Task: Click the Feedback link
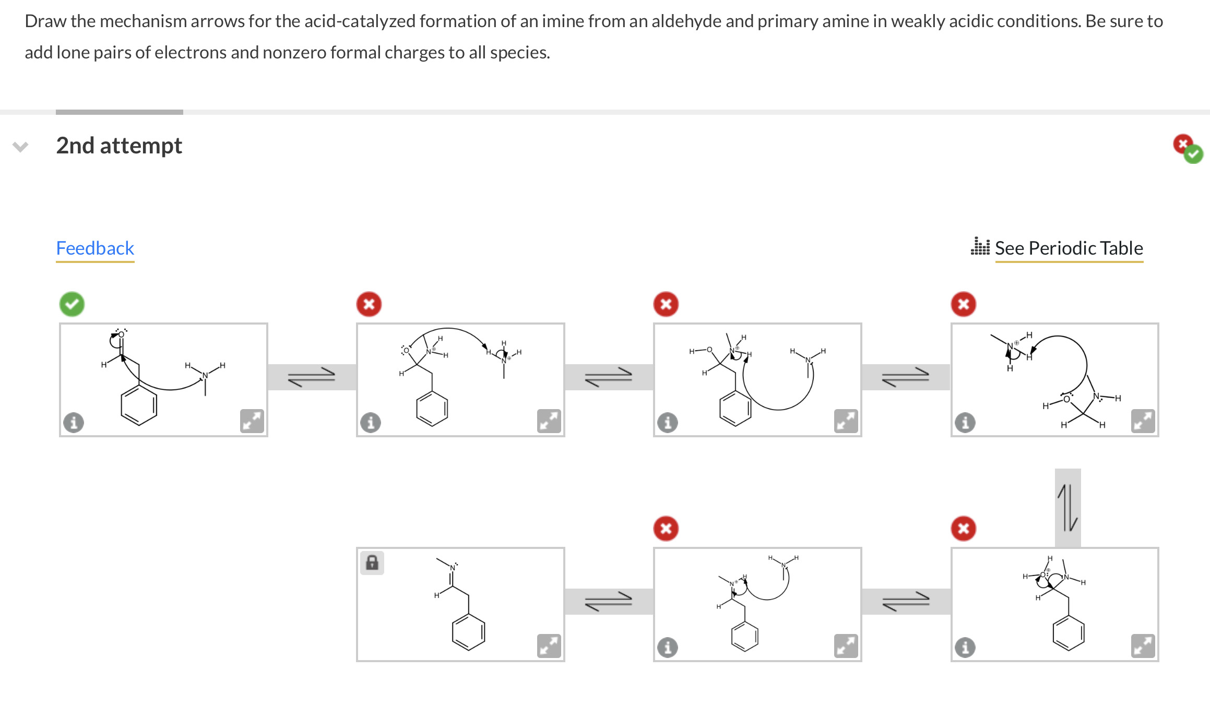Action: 95,248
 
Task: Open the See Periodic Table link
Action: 1068,248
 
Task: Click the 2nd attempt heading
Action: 119,146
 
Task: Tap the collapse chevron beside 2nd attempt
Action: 20,147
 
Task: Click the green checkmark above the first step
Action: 72,304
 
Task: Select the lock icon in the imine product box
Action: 372,563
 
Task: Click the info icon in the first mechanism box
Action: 74,422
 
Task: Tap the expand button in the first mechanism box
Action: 252,421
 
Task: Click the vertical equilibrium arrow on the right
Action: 1067,507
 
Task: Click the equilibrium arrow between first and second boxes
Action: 312,377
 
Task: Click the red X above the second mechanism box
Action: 369,304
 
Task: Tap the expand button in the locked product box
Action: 549,646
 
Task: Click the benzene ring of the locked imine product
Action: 468,632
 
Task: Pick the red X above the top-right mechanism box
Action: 964,304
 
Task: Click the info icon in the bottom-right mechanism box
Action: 965,648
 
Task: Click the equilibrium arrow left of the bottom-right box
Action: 906,602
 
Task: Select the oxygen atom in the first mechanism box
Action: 121,334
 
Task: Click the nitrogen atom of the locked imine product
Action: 453,568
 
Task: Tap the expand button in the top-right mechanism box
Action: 1143,421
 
